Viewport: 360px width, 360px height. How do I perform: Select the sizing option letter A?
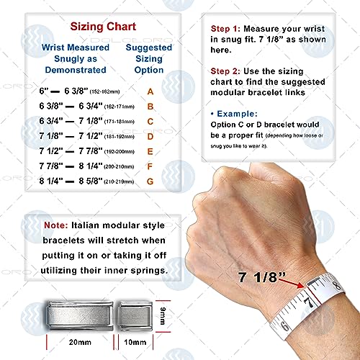pyautogui.click(x=150, y=92)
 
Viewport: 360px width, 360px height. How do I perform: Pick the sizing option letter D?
pyautogui.click(x=150, y=135)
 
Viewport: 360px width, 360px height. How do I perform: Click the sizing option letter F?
pyautogui.click(x=150, y=165)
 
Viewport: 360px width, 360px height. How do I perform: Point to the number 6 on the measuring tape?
pyautogui.click(x=286, y=326)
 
